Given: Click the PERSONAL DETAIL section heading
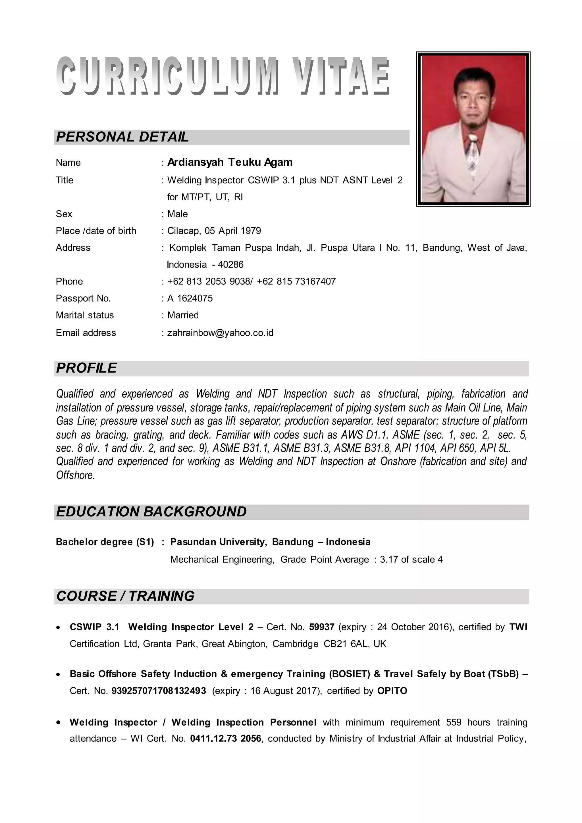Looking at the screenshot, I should pyautogui.click(x=122, y=137).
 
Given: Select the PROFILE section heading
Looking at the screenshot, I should pyautogui.click(x=86, y=368).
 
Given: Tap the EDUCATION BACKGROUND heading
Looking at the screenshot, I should pyautogui.click(x=151, y=512).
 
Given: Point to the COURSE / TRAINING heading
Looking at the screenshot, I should pyautogui.click(x=125, y=596).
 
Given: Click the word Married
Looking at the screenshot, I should pyautogui.click(x=183, y=315).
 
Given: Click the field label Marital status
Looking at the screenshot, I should pyautogui.click(x=85, y=315).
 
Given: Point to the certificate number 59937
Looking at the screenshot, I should pyautogui.click(x=321, y=627).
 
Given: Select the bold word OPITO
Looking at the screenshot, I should pyautogui.click(x=392, y=691).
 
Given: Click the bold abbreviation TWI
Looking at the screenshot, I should pyautogui.click(x=518, y=627).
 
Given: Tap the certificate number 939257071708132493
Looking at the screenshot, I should pyautogui.click(x=159, y=691).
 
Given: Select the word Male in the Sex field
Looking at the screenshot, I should pyautogui.click(x=177, y=214).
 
